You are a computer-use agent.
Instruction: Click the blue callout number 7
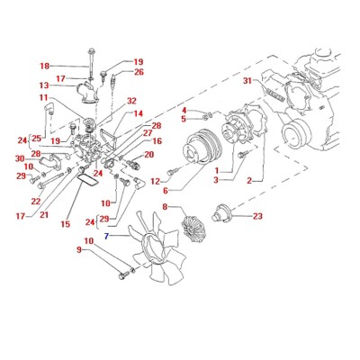coord(106,236)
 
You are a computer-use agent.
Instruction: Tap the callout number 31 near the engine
coord(247,81)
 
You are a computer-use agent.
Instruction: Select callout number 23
coord(257,216)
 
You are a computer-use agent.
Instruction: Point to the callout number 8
coord(166,207)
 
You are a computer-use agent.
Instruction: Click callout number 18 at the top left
coord(45,66)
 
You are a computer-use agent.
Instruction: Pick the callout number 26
coord(139,72)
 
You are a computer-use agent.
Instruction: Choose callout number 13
coord(44,85)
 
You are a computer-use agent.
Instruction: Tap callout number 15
coord(66,224)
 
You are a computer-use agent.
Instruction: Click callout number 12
coord(156,181)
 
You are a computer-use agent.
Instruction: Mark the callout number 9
coord(79,249)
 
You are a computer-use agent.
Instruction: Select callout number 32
coord(131,101)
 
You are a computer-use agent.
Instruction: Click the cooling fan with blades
coord(158,248)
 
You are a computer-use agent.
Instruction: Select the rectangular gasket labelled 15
coord(87,181)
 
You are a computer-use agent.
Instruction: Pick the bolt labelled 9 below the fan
coord(123,274)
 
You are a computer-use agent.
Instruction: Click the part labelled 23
coord(220,212)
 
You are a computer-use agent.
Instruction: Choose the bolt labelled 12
coord(172,172)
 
